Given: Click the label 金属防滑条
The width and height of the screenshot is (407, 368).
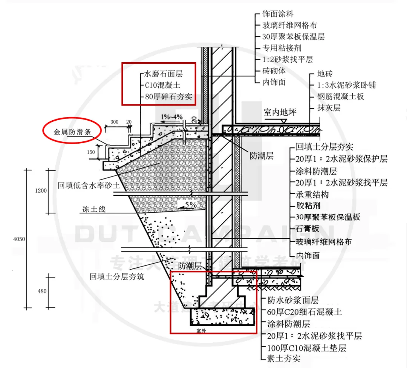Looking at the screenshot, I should tap(72, 132).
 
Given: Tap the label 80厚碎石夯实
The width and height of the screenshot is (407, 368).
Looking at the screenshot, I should tap(168, 97).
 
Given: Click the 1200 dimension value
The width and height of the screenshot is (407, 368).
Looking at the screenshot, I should tap(41, 191).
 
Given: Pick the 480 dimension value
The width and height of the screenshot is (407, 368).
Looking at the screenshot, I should tap(42, 291).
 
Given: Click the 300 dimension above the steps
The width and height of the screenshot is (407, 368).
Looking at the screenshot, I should tap(114, 122).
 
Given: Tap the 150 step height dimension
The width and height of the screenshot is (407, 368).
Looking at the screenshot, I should tap(91, 152).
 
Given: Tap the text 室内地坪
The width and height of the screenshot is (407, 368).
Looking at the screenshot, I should tap(280, 112).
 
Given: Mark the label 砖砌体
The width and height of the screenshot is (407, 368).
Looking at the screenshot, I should tap(274, 71).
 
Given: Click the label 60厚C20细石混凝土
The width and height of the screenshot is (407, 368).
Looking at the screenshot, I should tap(304, 312).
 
